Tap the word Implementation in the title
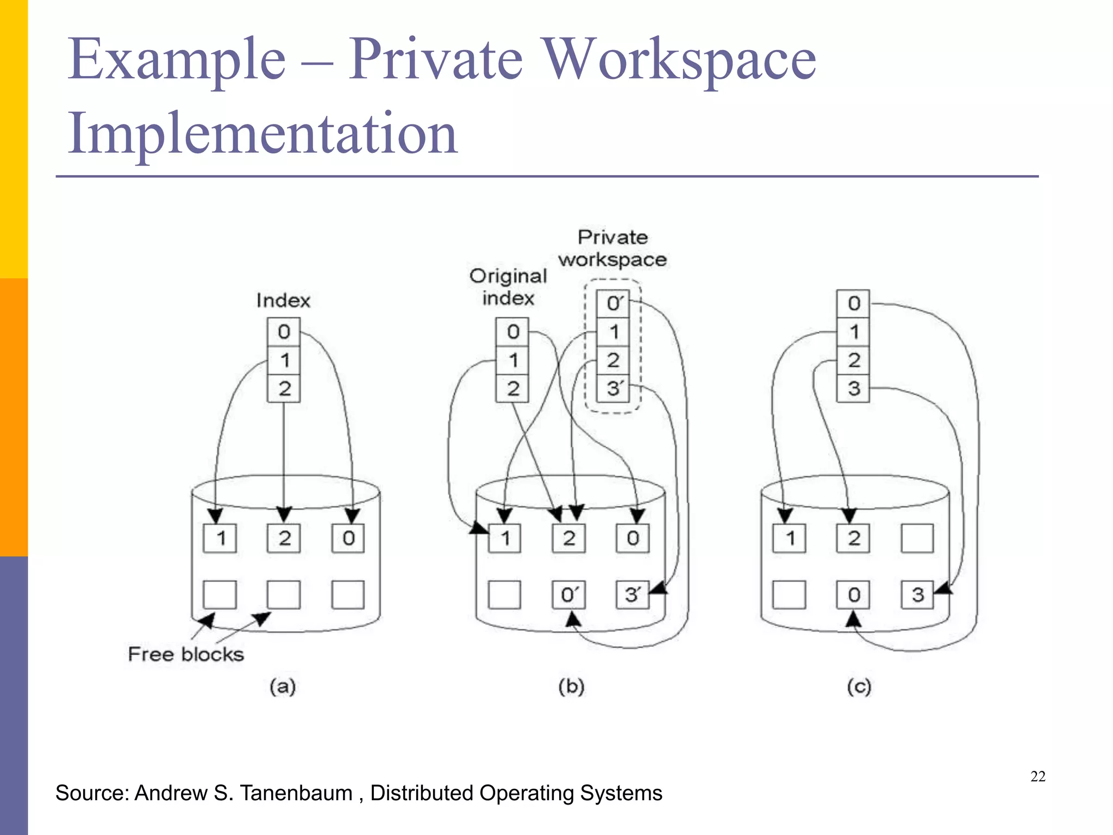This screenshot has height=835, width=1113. point(262,134)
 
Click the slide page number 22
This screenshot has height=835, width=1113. point(1037,776)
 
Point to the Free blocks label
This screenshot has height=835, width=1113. point(186,654)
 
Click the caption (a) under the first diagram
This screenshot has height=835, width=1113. point(283,687)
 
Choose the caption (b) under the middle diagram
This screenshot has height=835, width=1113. point(571,687)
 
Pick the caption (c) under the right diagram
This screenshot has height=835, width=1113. point(859,687)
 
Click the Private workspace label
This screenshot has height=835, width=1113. point(612,248)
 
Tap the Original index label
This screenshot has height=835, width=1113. point(508,287)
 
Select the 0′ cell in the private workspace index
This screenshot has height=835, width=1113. point(613,303)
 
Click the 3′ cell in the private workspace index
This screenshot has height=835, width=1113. point(613,388)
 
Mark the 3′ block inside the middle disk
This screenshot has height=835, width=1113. point(632,594)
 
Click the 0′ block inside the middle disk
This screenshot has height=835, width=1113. point(568,594)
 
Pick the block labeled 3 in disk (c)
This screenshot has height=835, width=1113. point(917,594)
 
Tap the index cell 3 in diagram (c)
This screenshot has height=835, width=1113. point(853,388)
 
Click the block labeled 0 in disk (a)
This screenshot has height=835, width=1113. point(348,538)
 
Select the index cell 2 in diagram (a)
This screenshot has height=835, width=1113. point(284,388)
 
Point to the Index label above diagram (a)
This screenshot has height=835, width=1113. point(283,301)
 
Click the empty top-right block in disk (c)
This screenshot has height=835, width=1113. point(917,538)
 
